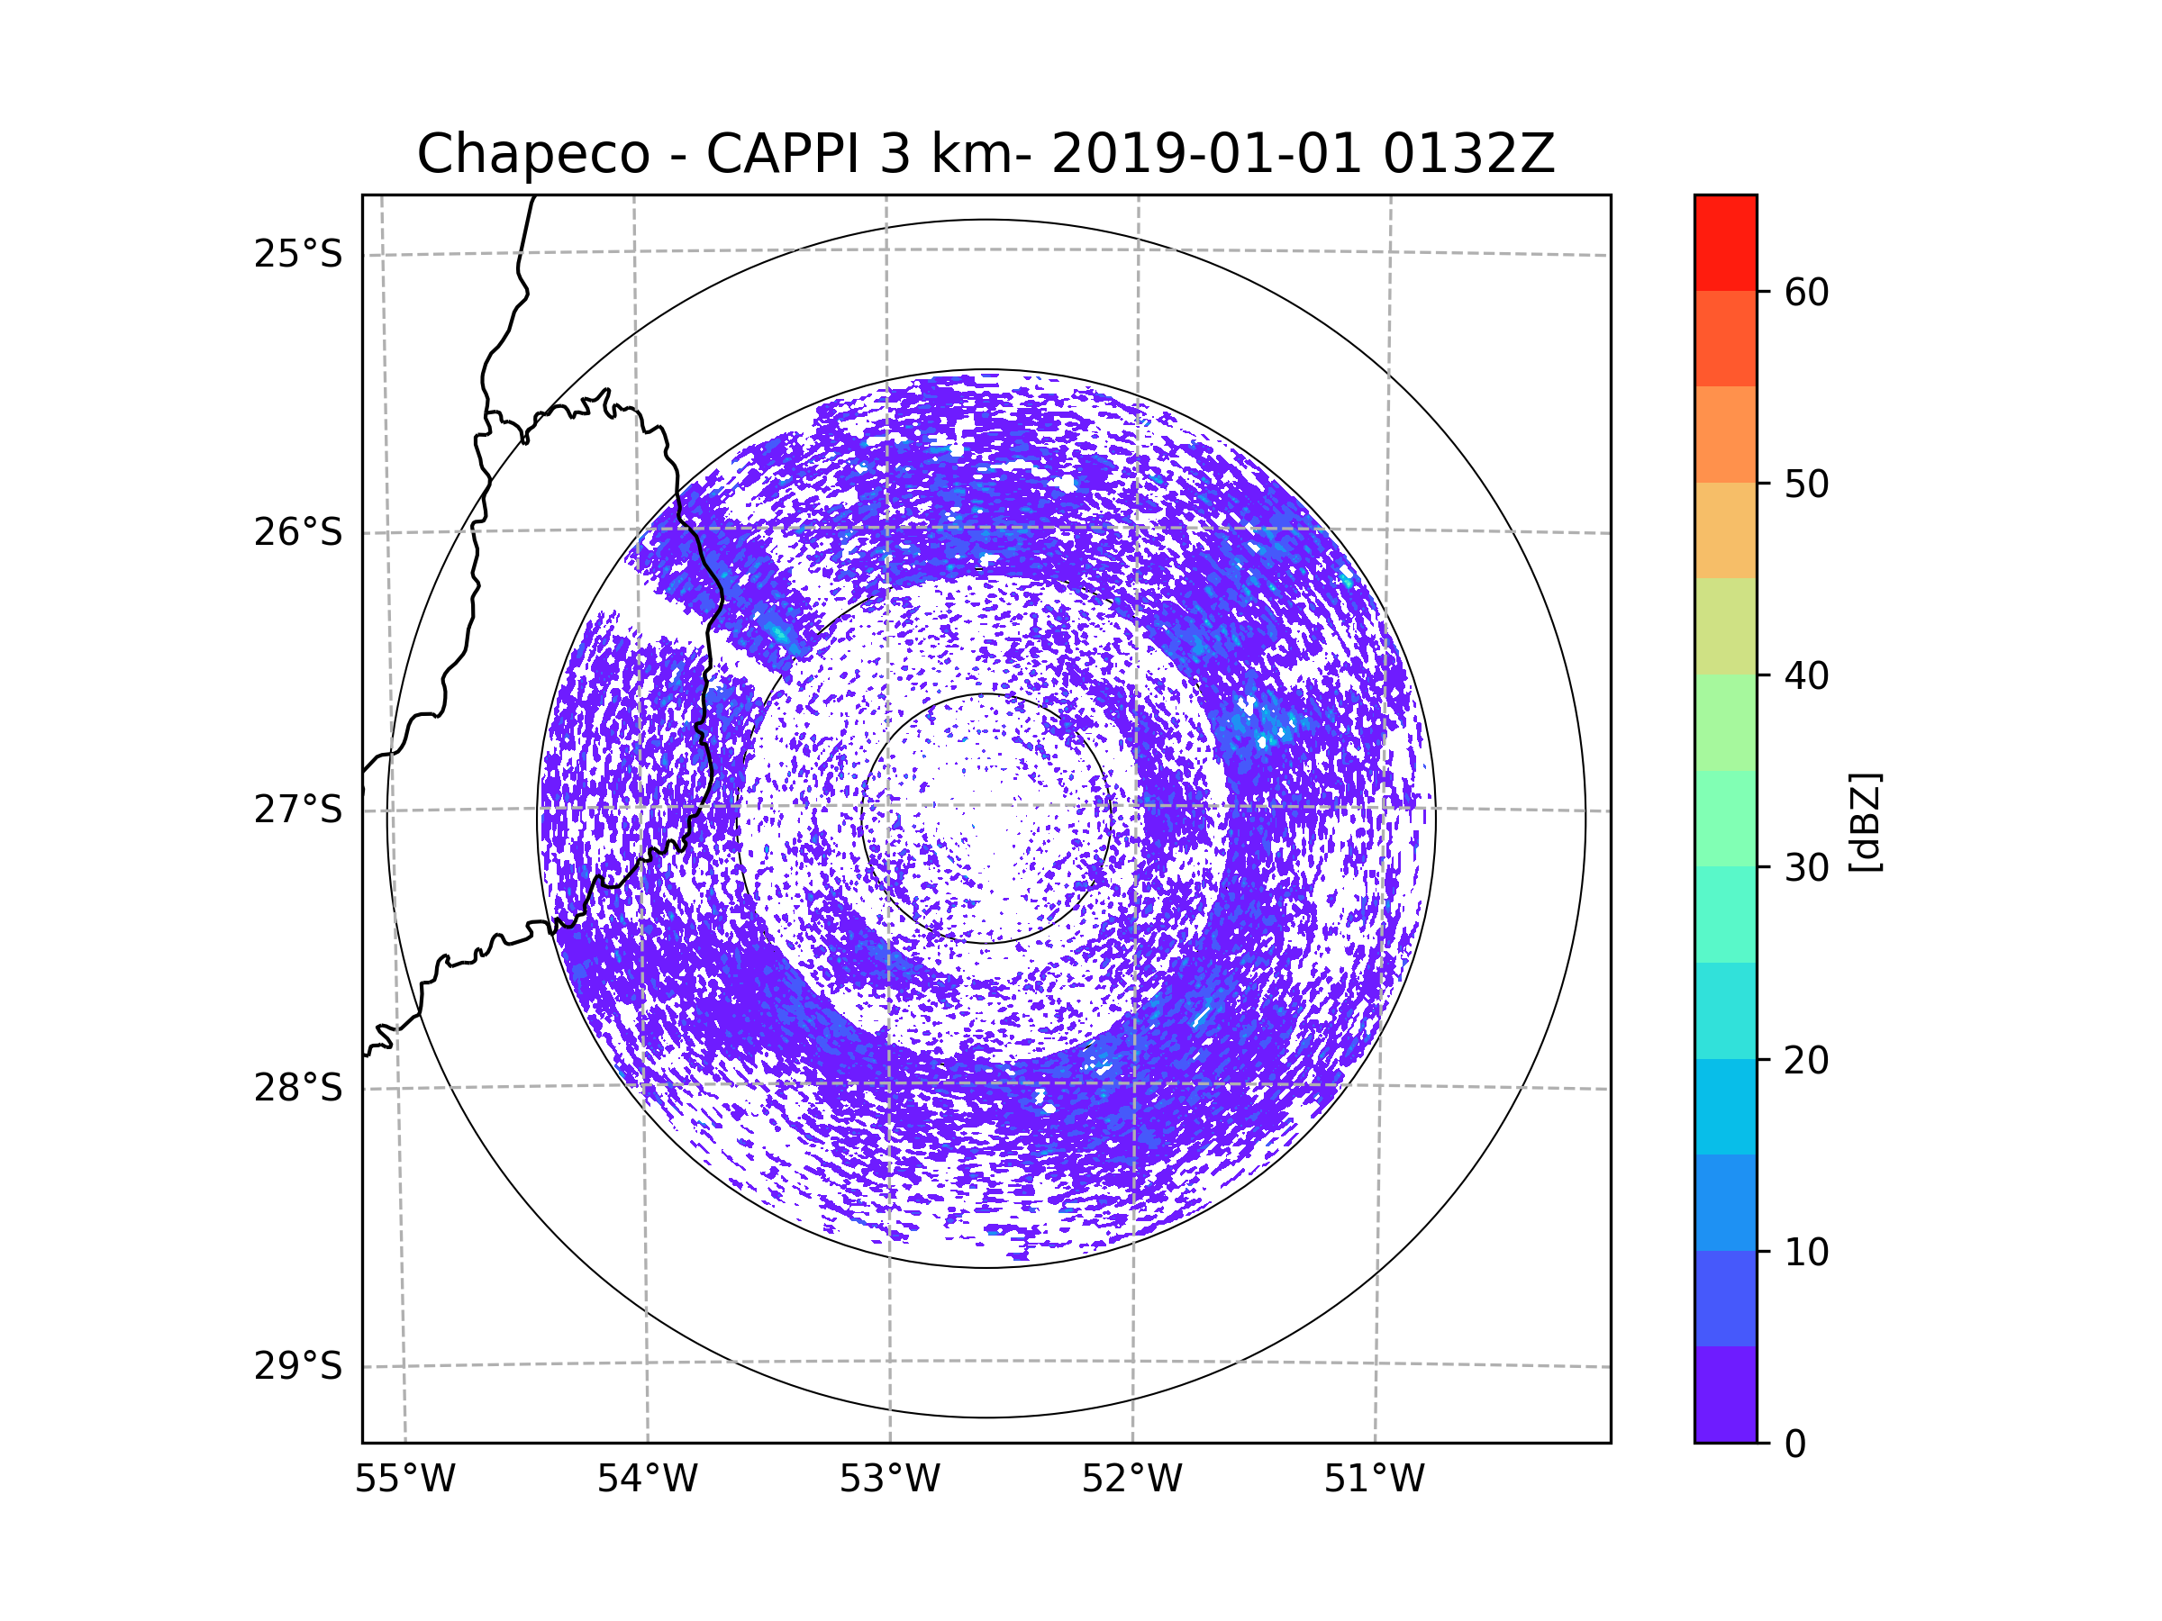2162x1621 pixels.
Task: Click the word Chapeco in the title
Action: [533, 154]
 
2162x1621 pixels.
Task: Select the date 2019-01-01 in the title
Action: [1205, 153]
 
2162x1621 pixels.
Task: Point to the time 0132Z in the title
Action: [1468, 153]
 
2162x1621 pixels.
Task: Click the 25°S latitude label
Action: [298, 254]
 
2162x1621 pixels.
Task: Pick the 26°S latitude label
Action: [298, 532]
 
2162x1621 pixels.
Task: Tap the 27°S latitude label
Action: [298, 810]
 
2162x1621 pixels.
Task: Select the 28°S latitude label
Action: [298, 1088]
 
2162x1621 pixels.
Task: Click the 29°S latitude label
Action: [298, 1366]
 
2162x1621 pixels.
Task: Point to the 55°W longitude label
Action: [404, 1480]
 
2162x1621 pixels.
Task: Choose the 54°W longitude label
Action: [647, 1480]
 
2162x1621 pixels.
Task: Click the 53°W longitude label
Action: [889, 1480]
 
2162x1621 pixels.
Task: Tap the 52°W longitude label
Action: [1131, 1480]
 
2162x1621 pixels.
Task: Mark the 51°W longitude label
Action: [1374, 1480]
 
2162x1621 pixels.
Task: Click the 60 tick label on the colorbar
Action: [1806, 292]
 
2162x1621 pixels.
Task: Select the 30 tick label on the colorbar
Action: [1806, 867]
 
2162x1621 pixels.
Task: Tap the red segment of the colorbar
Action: [1726, 242]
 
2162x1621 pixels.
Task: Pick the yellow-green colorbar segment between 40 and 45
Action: [1726, 626]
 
